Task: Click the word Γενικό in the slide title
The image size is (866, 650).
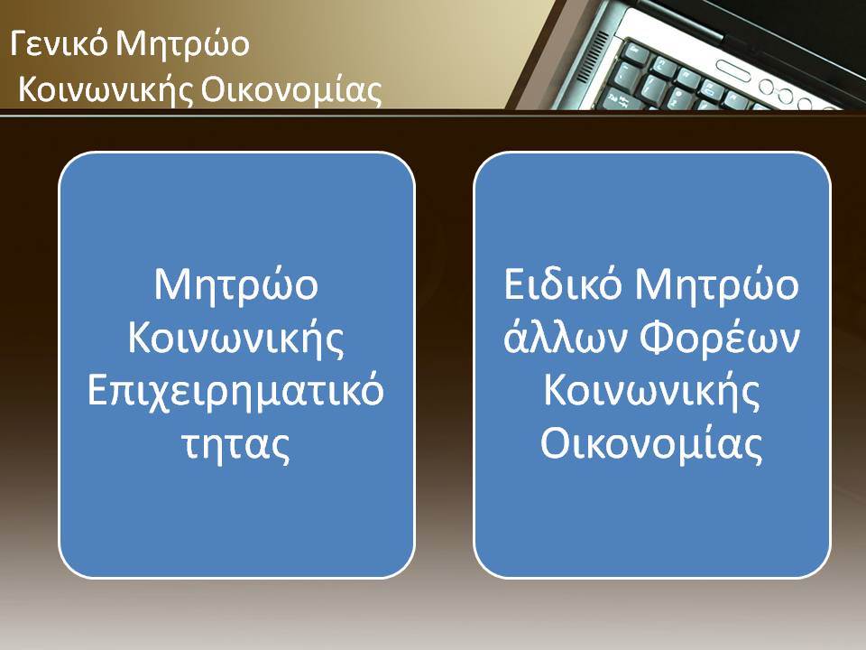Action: coord(58,43)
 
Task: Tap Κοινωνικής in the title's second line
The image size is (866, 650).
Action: coord(105,90)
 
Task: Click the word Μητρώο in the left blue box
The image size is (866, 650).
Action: coord(236,284)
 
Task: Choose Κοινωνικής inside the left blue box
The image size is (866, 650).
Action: coord(236,338)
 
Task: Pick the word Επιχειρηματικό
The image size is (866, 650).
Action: coord(235,391)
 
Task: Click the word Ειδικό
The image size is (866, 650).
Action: coord(563,284)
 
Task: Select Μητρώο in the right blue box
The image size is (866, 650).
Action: coord(716,284)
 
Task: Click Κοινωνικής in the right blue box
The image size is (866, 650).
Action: coord(651,391)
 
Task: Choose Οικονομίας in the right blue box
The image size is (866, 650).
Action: coord(651,444)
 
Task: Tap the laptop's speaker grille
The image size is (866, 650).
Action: coord(594,58)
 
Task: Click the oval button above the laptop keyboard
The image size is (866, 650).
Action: coord(733,70)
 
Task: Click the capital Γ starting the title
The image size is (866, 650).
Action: coord(19,43)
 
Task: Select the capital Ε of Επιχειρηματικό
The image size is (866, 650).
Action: coord(97,391)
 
